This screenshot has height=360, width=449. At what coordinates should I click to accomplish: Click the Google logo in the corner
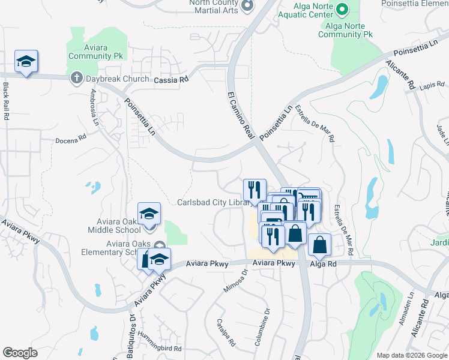click(x=20, y=353)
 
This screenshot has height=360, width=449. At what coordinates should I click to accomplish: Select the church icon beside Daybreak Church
click(x=76, y=78)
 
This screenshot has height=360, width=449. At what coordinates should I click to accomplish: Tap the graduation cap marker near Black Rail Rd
click(x=26, y=61)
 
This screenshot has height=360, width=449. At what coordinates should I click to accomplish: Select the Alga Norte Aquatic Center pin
click(x=341, y=8)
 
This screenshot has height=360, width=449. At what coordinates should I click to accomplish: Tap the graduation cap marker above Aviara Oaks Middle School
click(x=149, y=213)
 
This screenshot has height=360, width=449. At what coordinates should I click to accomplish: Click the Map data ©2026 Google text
click(x=411, y=355)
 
